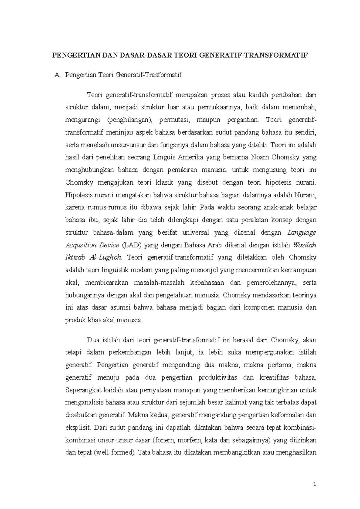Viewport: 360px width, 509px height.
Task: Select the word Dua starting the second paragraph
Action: tap(92, 340)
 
